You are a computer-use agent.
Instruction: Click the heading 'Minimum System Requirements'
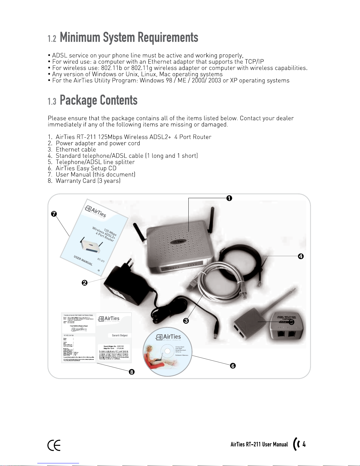[129, 38]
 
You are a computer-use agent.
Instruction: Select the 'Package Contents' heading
[98, 100]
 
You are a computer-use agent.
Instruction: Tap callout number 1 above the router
[229, 198]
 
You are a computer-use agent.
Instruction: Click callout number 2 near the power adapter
[85, 283]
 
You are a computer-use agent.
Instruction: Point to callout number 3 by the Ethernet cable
[186, 321]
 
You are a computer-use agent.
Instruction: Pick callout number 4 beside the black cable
[301, 256]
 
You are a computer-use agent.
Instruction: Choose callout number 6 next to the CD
[233, 366]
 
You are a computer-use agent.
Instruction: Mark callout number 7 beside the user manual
[54, 214]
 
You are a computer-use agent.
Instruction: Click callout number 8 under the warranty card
[132, 372]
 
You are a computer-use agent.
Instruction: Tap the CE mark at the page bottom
[54, 445]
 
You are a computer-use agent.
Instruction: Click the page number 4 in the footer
[304, 444]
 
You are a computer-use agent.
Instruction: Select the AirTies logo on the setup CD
[168, 337]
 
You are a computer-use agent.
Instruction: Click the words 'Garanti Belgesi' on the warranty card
[120, 335]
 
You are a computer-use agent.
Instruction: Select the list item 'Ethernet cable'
[76, 150]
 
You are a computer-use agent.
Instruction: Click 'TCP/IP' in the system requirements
[254, 62]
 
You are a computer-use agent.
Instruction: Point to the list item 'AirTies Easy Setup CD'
[86, 168]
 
